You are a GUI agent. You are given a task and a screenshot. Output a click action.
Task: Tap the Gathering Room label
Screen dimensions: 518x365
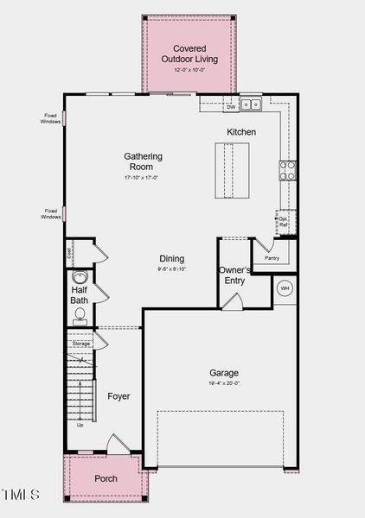coord(144,161)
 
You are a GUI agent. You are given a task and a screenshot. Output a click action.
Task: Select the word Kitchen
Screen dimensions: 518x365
coord(241,132)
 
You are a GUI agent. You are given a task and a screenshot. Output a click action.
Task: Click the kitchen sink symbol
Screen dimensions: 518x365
coord(251,104)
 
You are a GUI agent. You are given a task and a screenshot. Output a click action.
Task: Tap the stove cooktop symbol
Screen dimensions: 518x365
coord(287,168)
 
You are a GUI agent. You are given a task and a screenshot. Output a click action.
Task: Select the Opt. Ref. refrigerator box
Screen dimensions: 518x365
coord(285,222)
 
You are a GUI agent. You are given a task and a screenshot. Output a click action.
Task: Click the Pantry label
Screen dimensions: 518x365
coord(272,257)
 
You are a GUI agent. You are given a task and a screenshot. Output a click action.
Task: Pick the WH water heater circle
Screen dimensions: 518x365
coord(285,287)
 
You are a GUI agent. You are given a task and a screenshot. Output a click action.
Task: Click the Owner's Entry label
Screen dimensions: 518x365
coord(235,275)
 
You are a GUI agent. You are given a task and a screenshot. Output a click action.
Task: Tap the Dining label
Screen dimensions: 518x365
coord(171,259)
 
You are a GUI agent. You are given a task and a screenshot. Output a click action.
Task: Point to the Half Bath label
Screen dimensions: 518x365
coord(80,295)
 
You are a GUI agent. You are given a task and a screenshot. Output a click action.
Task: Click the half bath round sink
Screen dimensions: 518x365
coord(80,278)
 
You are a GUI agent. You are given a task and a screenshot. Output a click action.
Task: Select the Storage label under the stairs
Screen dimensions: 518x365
coord(80,344)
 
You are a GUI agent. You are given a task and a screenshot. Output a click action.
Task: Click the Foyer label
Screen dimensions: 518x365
coord(118,396)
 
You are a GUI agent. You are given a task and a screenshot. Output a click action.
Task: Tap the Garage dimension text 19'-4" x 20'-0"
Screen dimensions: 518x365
coord(223,383)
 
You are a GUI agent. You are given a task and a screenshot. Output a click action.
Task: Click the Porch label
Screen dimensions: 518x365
coord(106,478)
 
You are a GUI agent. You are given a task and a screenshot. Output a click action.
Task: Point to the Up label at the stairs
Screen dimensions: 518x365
coord(80,425)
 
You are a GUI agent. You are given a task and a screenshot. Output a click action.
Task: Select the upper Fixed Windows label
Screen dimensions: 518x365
coord(51,118)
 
